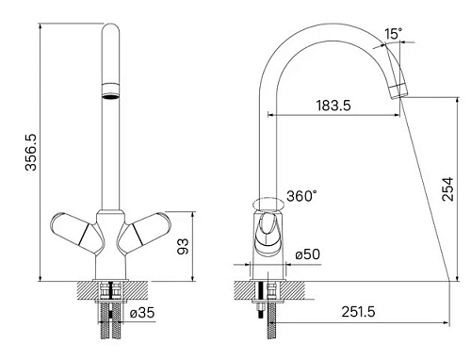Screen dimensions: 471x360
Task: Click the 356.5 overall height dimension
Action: (31, 152)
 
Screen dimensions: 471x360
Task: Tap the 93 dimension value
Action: (183, 246)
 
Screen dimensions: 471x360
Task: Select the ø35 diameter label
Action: (142, 313)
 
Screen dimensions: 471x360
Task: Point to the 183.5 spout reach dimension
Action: (333, 106)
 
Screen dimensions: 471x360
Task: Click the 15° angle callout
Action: (393, 34)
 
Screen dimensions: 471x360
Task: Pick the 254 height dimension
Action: (447, 189)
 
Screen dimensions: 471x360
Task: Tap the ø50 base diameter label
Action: (308, 254)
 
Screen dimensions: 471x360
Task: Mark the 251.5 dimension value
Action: (358, 312)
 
